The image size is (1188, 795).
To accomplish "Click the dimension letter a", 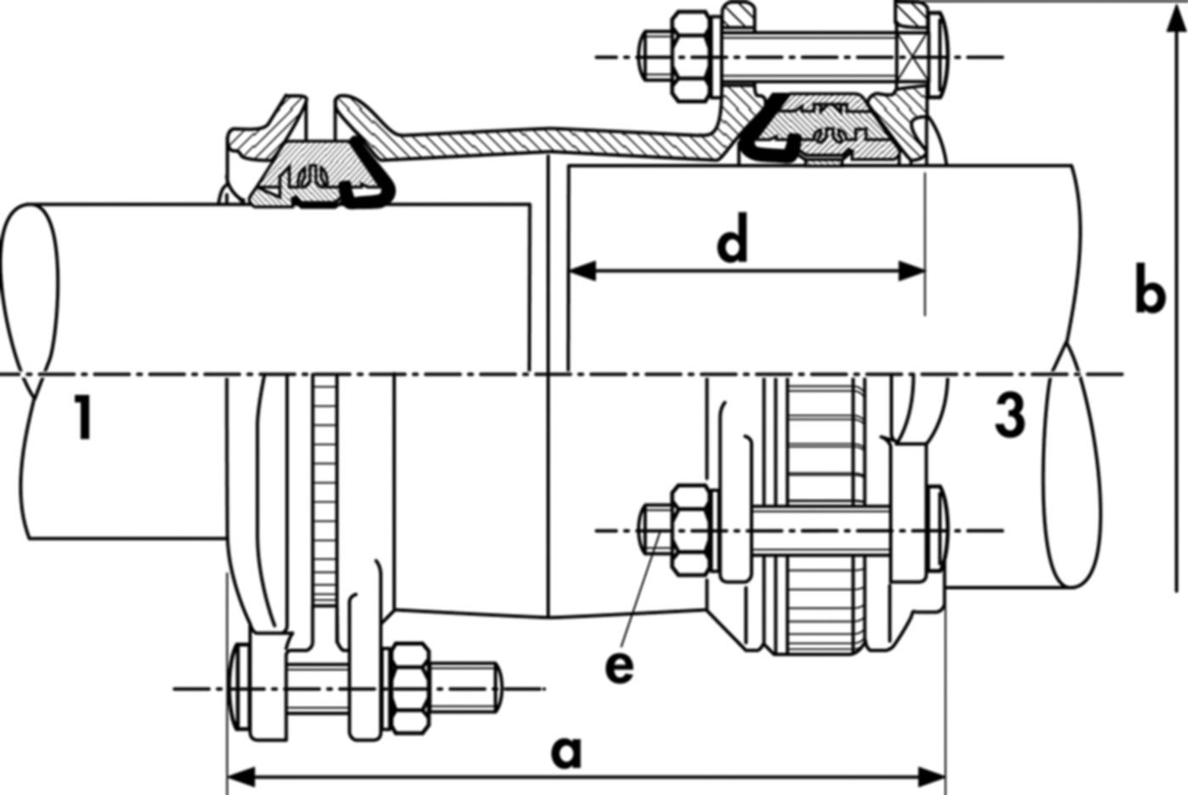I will pyautogui.click(x=567, y=752).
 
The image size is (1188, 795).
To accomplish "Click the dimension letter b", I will pyautogui.click(x=1149, y=295).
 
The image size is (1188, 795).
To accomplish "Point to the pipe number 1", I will pyautogui.click(x=81, y=417).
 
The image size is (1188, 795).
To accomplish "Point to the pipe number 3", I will pyautogui.click(x=1009, y=416).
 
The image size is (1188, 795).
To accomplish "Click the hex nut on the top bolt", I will pyautogui.click(x=693, y=56).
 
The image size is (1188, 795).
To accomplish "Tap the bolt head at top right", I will pyautogui.click(x=940, y=56).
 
